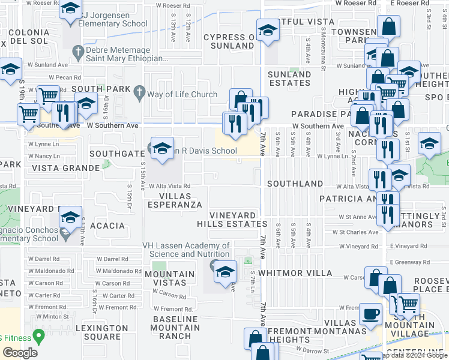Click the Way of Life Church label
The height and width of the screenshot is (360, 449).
182,94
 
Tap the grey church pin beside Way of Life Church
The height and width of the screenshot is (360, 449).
139,94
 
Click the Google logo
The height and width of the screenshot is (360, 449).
20,353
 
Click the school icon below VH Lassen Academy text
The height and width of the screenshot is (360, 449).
225,274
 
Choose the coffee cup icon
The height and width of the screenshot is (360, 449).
370,314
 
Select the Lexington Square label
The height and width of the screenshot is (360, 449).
102,332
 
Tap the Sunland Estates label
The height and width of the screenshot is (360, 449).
289,79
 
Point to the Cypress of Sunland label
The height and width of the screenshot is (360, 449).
229,41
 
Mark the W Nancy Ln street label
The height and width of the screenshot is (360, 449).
44,156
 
